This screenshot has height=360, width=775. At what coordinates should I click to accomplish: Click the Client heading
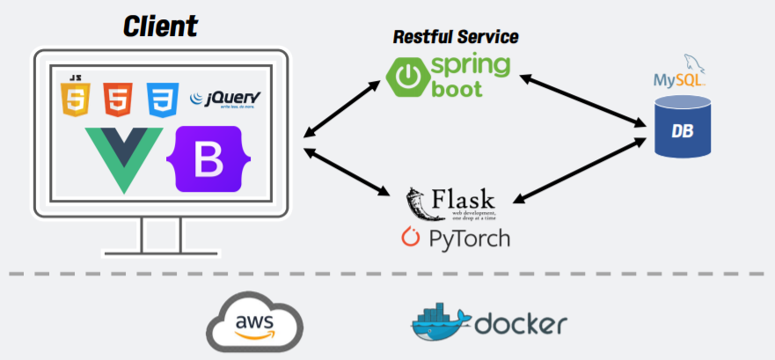[160, 26]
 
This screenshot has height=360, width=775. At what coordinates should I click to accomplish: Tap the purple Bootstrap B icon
[208, 159]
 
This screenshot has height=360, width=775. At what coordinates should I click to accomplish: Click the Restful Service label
[455, 37]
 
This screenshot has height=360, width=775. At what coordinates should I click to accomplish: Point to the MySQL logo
[681, 75]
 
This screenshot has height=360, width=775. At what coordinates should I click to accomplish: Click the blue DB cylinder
[682, 128]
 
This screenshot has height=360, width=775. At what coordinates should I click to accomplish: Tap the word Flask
[463, 202]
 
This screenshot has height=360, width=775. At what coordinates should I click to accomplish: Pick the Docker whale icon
[440, 324]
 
